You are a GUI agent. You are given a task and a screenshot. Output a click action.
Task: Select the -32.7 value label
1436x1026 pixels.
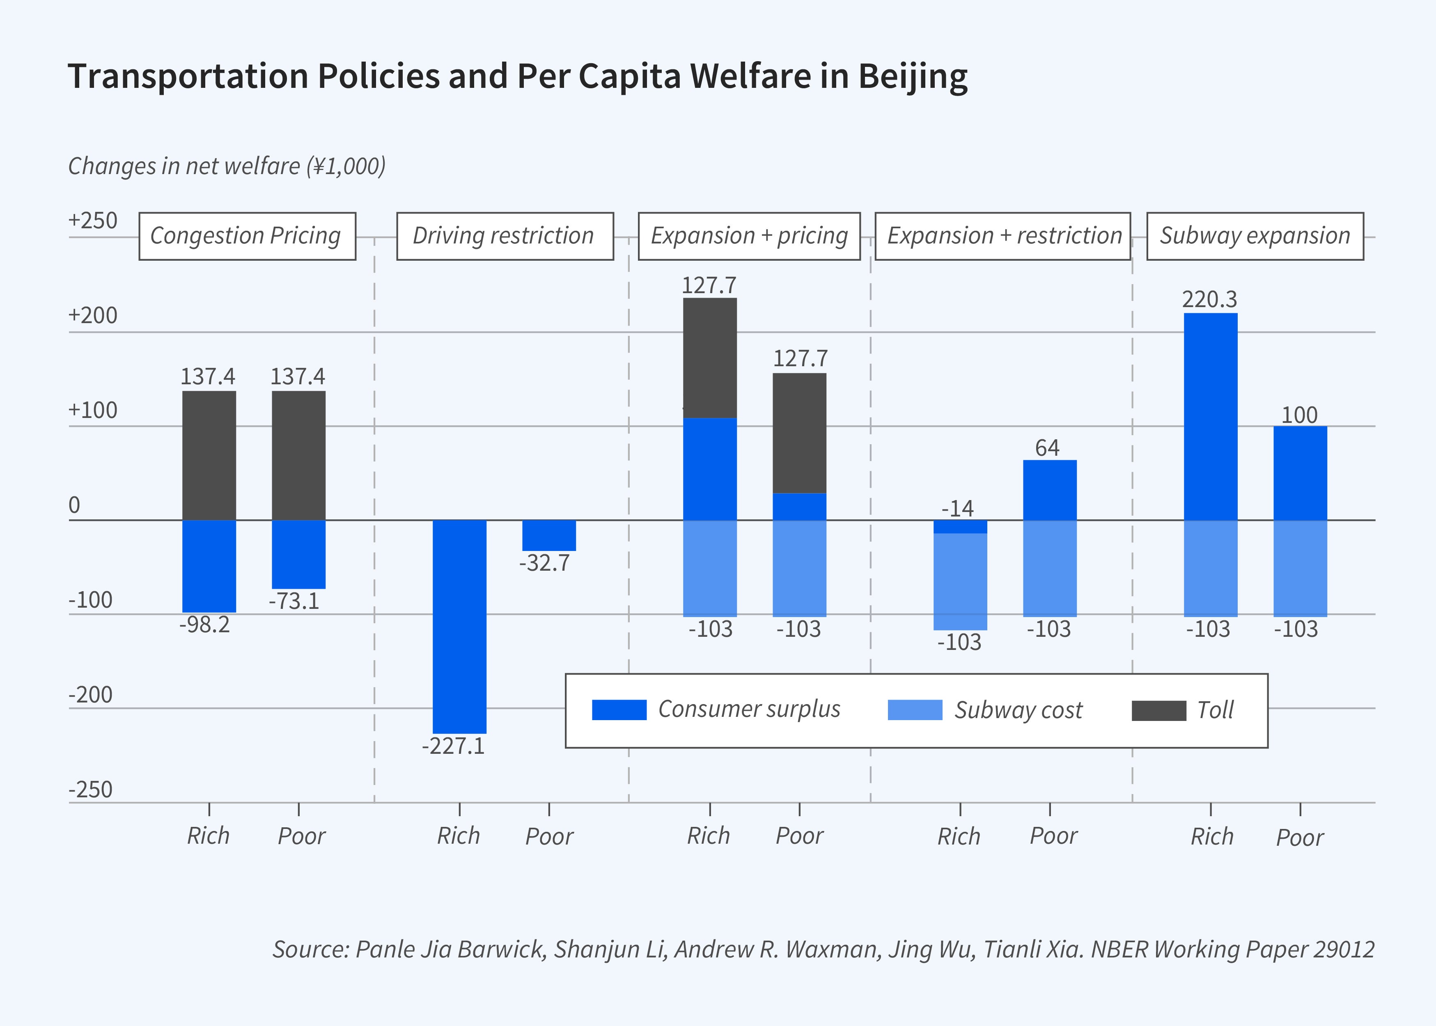click(x=545, y=563)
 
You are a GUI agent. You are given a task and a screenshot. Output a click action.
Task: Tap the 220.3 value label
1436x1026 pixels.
click(x=1210, y=299)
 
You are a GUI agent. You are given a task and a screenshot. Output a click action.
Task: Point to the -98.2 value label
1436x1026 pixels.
click(x=205, y=625)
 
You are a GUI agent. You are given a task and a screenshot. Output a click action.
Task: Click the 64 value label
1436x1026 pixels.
click(x=1048, y=448)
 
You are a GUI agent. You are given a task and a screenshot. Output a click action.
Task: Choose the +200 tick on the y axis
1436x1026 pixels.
click(x=93, y=315)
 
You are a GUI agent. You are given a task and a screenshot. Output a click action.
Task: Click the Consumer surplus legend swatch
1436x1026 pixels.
click(x=619, y=710)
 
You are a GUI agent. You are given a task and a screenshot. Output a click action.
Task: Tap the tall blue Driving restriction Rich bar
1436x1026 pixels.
click(x=459, y=625)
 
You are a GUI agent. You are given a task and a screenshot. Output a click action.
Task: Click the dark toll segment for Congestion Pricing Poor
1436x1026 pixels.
click(x=299, y=455)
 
